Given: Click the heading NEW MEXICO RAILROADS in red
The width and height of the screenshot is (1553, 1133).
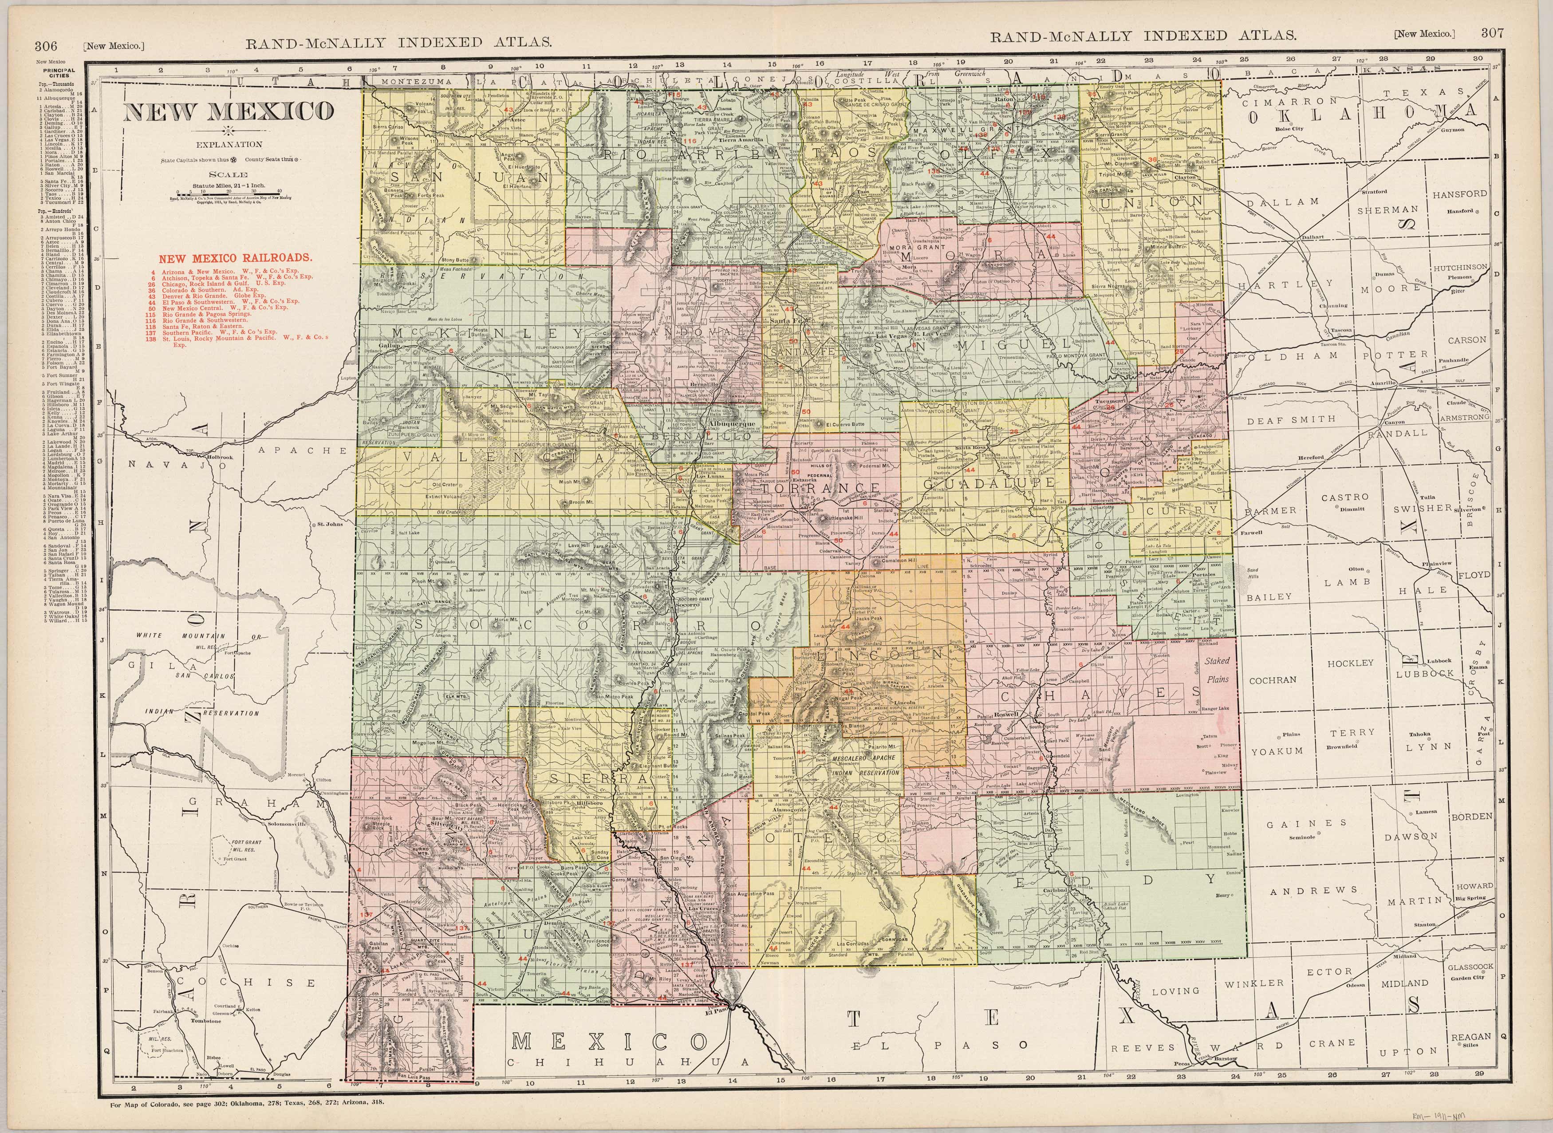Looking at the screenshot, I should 236,259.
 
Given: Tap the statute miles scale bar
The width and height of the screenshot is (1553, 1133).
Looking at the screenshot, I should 229,191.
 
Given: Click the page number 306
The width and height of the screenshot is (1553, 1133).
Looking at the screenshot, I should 46,46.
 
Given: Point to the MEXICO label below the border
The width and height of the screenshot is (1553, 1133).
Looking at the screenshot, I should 610,1042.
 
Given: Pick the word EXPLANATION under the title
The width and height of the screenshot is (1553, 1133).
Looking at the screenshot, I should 229,144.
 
